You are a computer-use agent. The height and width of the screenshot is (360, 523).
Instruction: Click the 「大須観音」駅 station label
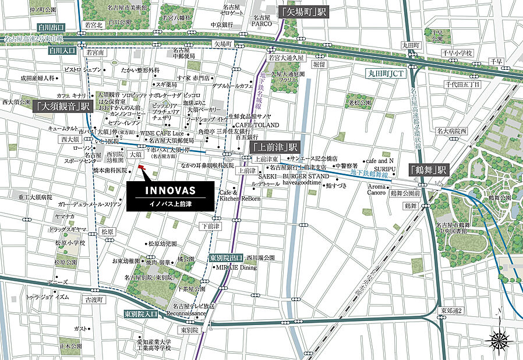click(x=63, y=107)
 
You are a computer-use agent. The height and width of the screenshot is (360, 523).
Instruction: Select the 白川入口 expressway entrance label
click(x=63, y=51)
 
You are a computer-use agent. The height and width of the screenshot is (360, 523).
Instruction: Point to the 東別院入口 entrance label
click(x=141, y=314)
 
